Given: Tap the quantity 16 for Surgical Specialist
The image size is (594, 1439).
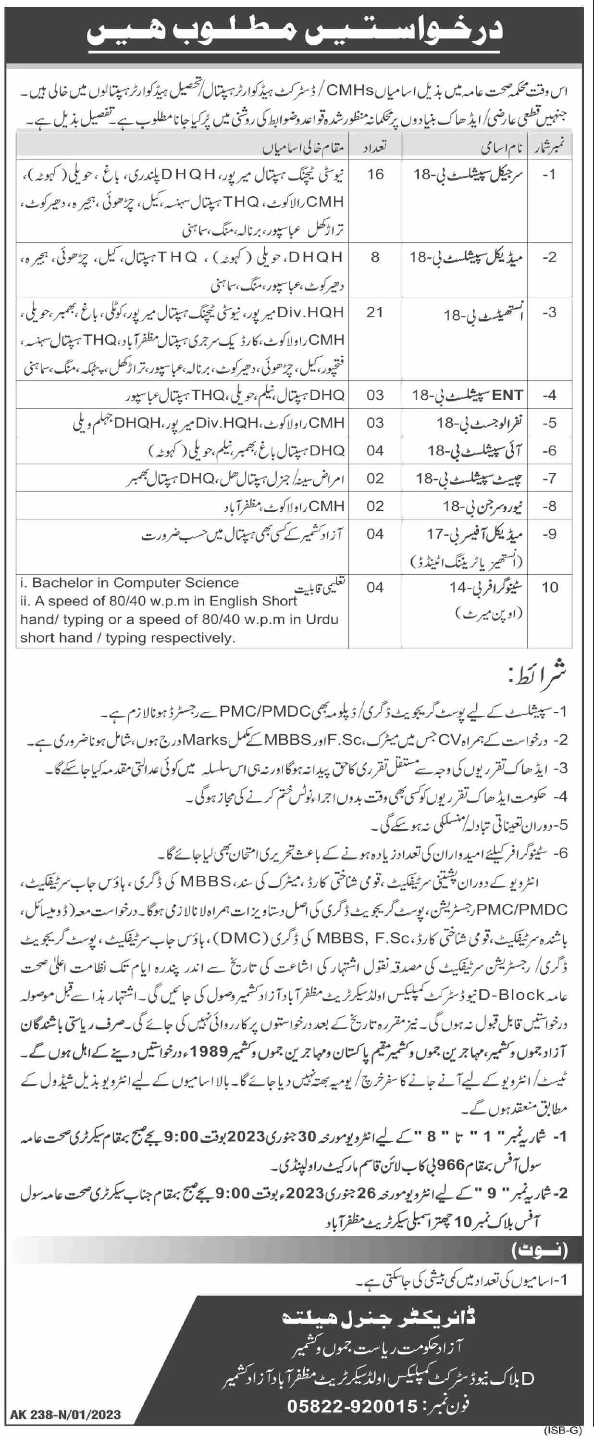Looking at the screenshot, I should click(376, 174).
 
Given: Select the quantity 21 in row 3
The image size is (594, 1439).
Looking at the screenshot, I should click(375, 312).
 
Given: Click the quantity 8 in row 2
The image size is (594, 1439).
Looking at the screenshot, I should click(375, 256).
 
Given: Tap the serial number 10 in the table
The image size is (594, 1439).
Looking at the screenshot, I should click(550, 587).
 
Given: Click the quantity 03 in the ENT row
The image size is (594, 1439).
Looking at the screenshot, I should click(375, 395).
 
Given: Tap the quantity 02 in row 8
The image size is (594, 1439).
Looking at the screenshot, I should click(375, 506).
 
